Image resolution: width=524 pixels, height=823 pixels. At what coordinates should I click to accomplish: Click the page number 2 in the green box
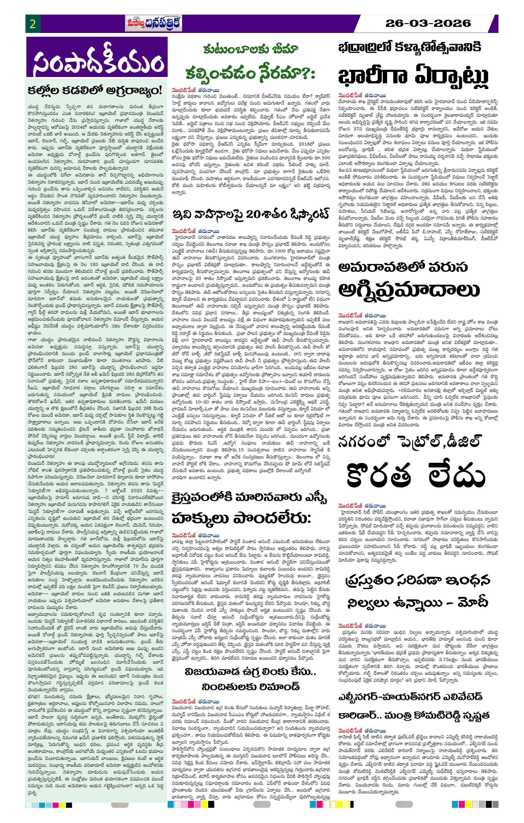coord(33,24)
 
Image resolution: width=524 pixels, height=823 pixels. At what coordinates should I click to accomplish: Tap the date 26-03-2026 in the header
coord(428,23)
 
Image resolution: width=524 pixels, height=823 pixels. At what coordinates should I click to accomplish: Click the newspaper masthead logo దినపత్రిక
coord(154,24)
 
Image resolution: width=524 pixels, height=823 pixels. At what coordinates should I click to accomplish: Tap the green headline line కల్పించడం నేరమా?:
coord(250,73)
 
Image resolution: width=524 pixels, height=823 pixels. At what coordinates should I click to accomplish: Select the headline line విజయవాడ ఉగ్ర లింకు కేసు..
coord(250,672)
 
